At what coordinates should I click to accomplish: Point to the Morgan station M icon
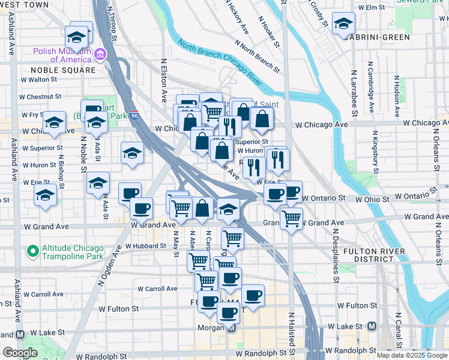tap(232, 328)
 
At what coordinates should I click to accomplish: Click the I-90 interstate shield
tap(135, 116)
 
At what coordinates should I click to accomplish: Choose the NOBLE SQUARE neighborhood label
tap(63, 70)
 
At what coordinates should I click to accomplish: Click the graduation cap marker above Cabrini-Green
tap(344, 24)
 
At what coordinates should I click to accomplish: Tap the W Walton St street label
tap(40, 79)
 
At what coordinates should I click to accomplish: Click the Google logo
tap(19, 353)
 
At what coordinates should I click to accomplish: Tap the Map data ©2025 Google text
tap(411, 355)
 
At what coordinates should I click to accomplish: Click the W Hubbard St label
tap(146, 247)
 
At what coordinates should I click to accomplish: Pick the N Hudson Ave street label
tap(397, 95)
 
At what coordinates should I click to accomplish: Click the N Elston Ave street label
tap(163, 80)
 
